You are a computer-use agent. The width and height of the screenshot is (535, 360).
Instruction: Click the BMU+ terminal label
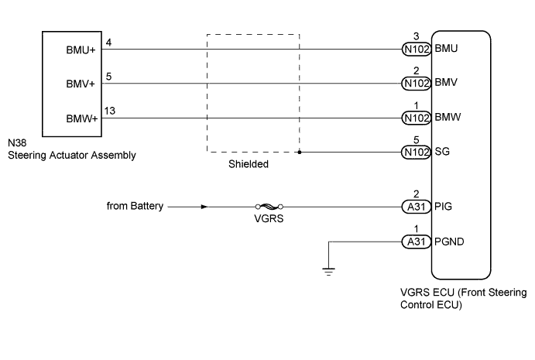point(81,50)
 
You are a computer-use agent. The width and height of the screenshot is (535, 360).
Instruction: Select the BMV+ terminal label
point(81,84)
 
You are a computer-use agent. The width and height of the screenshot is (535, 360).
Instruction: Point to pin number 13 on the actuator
point(109,111)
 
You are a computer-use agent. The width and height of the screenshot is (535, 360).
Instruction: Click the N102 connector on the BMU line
point(416,50)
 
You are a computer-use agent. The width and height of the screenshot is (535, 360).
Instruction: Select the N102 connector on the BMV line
point(416,84)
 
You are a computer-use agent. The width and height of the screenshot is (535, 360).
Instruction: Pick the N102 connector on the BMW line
point(416,118)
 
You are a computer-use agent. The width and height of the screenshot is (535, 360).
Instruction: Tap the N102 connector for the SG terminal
point(416,153)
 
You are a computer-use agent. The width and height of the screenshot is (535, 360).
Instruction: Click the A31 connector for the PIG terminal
point(416,207)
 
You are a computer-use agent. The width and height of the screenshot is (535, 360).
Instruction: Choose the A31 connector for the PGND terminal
point(416,241)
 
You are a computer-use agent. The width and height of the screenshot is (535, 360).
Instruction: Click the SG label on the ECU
point(444,153)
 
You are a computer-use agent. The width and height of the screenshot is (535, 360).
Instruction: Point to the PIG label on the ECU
point(444,207)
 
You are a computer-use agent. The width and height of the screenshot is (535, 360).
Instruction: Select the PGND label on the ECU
point(451,241)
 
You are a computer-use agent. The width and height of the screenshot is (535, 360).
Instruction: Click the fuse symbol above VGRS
point(268,207)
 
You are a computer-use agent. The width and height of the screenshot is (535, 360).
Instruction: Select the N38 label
point(16,143)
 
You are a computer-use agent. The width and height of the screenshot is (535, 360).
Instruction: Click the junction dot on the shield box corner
point(300,153)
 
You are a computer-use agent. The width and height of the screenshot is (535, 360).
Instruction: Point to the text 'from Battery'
point(135,207)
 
